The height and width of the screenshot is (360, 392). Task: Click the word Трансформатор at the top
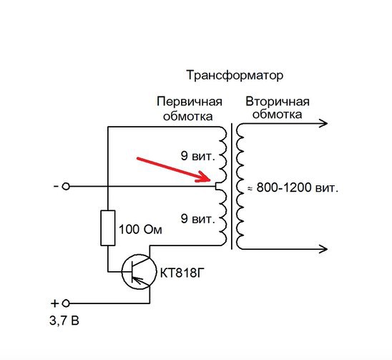[x=235, y=76]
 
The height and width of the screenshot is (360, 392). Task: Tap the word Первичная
[x=190, y=102]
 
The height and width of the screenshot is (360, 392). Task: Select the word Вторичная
[x=278, y=102]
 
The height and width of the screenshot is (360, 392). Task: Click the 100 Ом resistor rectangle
[x=108, y=228]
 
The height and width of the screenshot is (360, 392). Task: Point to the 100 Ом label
[x=140, y=230]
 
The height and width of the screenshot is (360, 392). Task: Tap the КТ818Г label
[x=180, y=273]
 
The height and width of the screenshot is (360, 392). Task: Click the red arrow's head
[x=204, y=177]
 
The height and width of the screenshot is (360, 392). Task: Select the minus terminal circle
[x=66, y=186]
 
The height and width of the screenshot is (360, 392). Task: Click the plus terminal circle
[x=66, y=303]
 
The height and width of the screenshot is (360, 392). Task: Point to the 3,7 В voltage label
[x=64, y=321]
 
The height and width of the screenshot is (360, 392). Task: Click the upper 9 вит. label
[x=197, y=156]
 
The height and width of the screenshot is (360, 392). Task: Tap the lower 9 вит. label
[x=197, y=219]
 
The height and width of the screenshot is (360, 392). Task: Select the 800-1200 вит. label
[x=298, y=188]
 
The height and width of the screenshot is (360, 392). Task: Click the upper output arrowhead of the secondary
[x=323, y=123]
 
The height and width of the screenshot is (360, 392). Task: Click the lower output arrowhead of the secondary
[x=323, y=249]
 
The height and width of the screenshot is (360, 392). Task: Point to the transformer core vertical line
[x=232, y=186]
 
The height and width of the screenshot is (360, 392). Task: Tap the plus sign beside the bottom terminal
[x=54, y=303]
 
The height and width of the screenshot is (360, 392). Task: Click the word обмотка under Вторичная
[x=277, y=115]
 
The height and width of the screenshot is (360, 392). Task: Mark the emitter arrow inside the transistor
[x=137, y=280]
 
